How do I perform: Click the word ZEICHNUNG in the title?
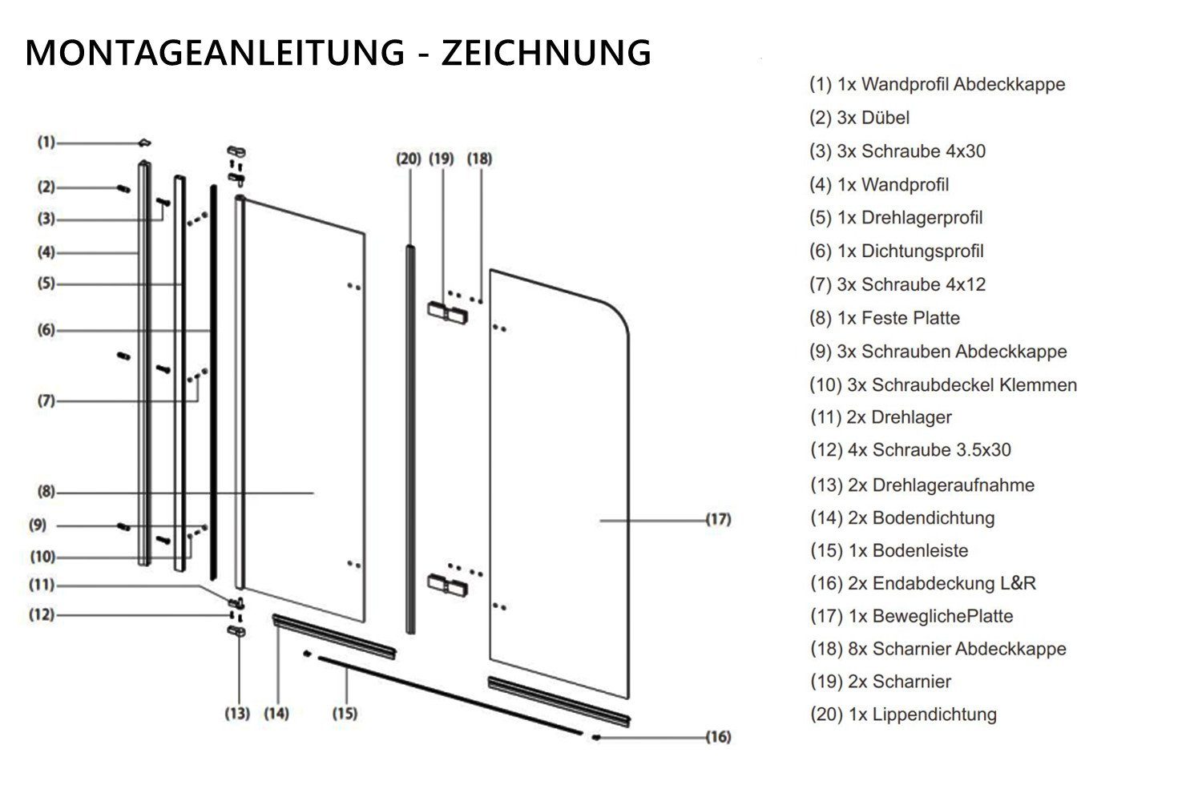click(547, 53)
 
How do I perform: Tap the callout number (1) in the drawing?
click(46, 142)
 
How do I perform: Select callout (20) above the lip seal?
click(409, 159)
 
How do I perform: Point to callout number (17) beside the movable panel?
click(719, 519)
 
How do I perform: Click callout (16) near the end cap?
click(719, 737)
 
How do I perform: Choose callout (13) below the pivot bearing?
click(237, 714)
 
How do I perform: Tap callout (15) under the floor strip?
click(345, 714)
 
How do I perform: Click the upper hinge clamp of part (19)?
click(447, 312)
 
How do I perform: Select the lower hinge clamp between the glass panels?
click(447, 585)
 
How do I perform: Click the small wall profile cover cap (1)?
click(144, 143)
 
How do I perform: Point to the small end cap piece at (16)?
click(595, 737)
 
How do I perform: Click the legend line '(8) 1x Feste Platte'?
click(885, 318)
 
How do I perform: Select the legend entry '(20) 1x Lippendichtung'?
click(904, 714)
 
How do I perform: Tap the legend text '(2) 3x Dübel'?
click(859, 118)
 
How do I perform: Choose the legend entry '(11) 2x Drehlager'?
click(881, 417)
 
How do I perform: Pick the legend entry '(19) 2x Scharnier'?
click(881, 682)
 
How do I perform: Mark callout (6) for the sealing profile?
click(46, 330)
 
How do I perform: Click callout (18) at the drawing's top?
click(479, 159)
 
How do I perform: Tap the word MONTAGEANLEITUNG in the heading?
click(216, 53)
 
